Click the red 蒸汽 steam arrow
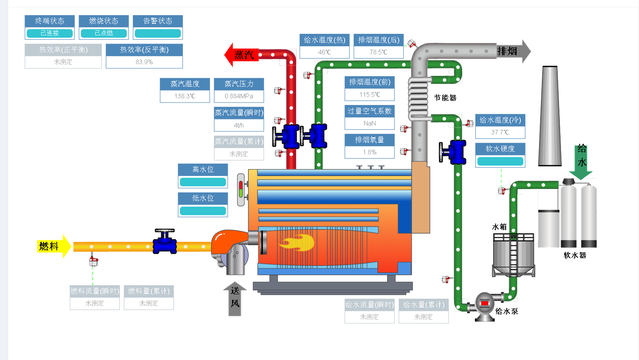tap(239, 55)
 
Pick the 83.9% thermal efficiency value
tap(144, 62)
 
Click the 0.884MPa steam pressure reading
tap(239, 96)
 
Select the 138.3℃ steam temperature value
tap(185, 96)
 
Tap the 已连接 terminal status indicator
tap(50, 33)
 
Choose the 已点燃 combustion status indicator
tap(104, 33)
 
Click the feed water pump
tap(484, 306)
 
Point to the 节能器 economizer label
tap(445, 98)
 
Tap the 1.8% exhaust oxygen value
tap(370, 152)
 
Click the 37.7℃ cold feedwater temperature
tap(500, 132)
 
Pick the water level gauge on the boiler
tap(241, 190)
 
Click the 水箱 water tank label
tap(499, 227)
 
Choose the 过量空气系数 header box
tap(370, 111)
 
